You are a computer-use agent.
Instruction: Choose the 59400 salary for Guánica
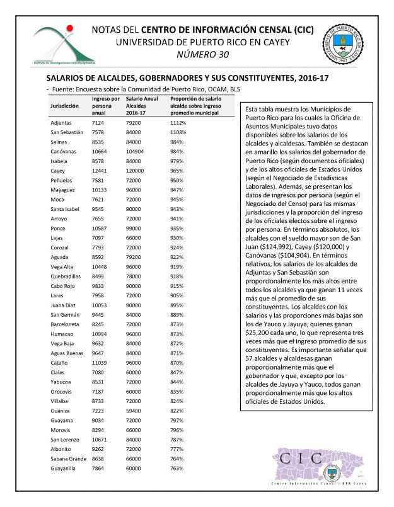pos(135,411)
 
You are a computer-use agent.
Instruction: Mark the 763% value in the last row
pos(178,469)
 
